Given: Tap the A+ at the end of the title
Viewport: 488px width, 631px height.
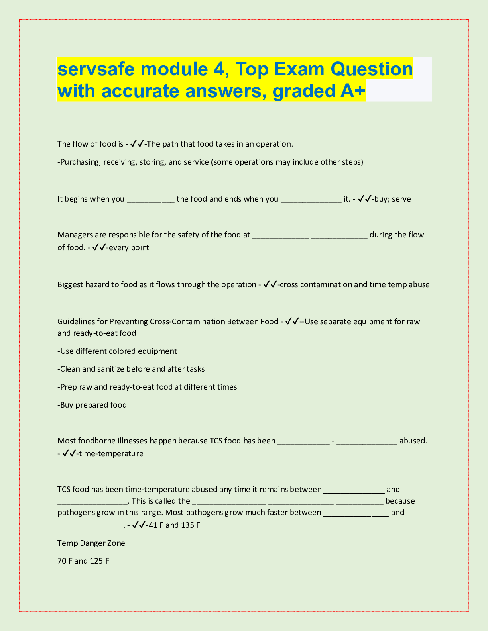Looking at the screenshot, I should tap(352, 91).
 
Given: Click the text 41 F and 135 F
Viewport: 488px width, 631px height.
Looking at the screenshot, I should tap(174, 525).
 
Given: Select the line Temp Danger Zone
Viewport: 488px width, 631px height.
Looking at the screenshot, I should tap(91, 543).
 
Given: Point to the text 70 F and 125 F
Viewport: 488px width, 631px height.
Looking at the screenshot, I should tap(83, 561).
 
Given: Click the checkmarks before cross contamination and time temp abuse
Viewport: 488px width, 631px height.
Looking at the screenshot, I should tap(270, 285).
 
